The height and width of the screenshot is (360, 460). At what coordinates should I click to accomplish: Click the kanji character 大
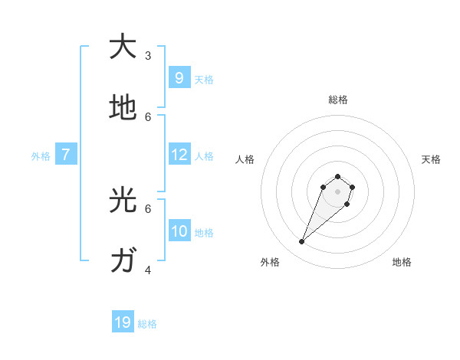(x=123, y=47)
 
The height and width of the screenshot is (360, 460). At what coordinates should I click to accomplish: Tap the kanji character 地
(x=123, y=108)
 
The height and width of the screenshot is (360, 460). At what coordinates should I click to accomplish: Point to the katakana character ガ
(x=123, y=261)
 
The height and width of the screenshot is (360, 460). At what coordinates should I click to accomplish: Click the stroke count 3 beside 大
(x=148, y=55)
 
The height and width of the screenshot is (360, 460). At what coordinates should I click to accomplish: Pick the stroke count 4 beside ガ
(x=148, y=270)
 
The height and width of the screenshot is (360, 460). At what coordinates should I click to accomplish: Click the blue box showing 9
(x=179, y=77)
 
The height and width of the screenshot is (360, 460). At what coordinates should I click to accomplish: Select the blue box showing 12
(x=179, y=155)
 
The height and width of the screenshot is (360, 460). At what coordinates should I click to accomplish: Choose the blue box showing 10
(x=179, y=231)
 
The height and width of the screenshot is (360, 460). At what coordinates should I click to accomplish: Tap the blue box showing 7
(x=66, y=155)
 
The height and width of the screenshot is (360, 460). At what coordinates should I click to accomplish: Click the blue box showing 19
(x=123, y=322)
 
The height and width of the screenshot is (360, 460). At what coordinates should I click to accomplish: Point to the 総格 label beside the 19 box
(x=147, y=324)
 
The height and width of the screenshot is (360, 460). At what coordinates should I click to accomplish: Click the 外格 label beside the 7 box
(x=41, y=156)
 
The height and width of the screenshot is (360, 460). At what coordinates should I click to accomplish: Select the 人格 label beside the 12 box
(x=204, y=156)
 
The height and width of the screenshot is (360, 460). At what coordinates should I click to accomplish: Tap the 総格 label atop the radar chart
(x=338, y=100)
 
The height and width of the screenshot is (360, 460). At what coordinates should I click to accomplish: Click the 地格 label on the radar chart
(x=402, y=262)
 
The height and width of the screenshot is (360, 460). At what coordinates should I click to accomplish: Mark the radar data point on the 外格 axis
(x=302, y=242)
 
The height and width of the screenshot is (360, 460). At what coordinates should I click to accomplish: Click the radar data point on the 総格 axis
(x=338, y=176)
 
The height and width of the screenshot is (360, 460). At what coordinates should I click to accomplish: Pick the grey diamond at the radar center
(x=338, y=191)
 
